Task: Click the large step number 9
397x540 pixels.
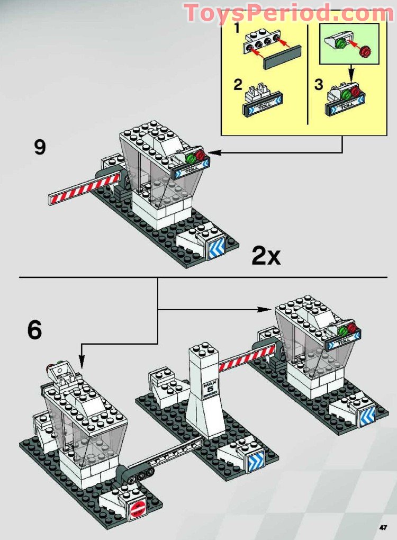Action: (40, 147)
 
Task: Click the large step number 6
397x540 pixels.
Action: (34, 330)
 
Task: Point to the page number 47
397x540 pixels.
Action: (383, 527)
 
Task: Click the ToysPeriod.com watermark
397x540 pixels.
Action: (288, 13)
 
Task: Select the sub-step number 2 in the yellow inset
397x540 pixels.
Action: (238, 85)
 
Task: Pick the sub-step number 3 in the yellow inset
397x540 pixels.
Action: (319, 85)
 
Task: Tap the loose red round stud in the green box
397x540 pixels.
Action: (365, 52)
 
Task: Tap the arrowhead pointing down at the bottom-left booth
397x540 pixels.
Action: (80, 364)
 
